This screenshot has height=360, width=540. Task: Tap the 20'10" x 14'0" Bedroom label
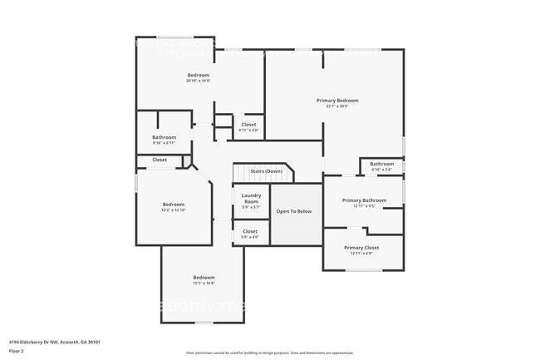[198, 75]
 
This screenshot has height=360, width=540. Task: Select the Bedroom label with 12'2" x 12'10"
[173, 205]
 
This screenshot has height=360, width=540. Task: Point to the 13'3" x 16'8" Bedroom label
[204, 277]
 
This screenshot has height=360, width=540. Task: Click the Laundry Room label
[251, 199]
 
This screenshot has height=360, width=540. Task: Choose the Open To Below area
[294, 211]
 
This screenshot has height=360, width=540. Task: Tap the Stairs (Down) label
[266, 171]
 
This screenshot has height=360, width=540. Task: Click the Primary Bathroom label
[364, 200]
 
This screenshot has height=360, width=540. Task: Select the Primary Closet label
[361, 248]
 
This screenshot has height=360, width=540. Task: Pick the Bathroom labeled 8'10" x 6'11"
[164, 137]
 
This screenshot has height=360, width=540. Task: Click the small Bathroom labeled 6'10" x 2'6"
[381, 164]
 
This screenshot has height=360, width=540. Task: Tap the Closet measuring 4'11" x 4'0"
[248, 125]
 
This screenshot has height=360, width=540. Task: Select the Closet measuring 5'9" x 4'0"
[250, 231]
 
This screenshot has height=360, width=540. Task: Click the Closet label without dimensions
[160, 160]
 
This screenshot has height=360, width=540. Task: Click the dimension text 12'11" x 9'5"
[364, 206]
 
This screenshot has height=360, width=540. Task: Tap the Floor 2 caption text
[17, 352]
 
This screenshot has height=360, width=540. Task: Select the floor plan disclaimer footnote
[270, 353]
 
